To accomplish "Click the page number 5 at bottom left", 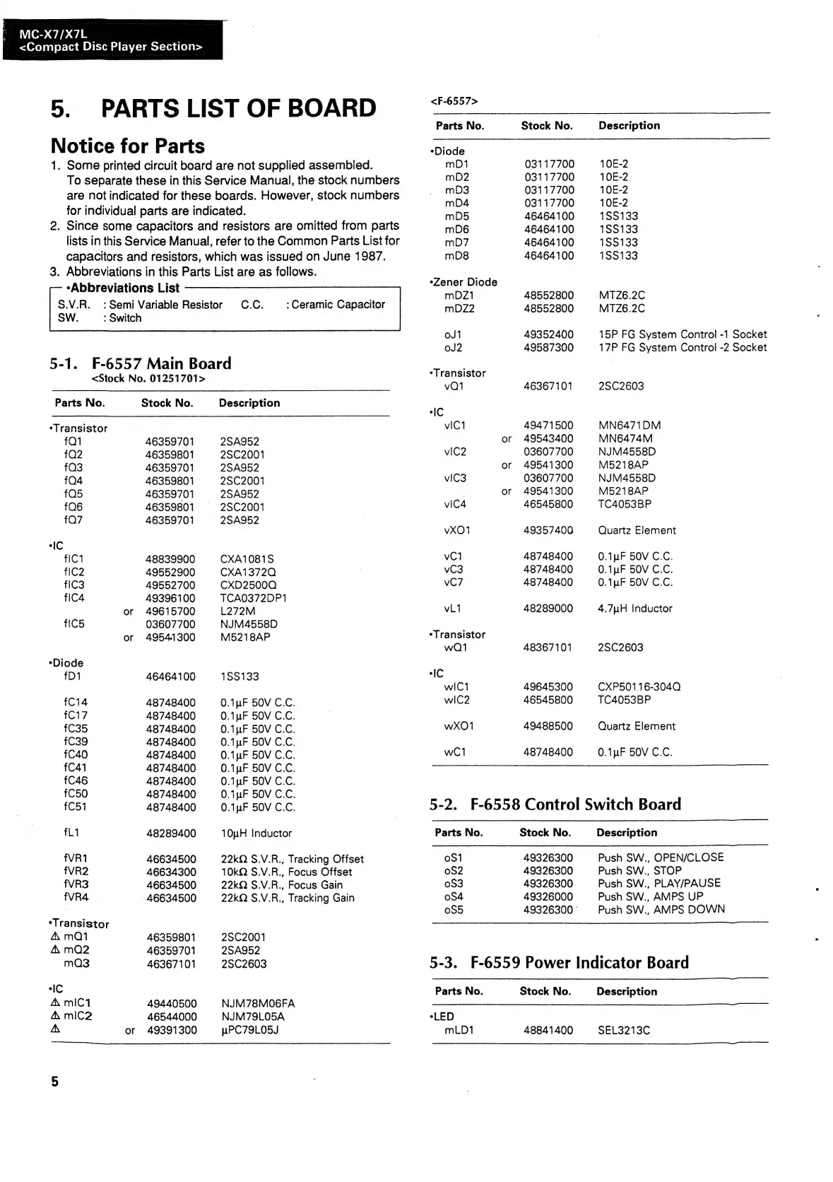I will [x=55, y=1082].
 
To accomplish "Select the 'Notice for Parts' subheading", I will [x=128, y=146].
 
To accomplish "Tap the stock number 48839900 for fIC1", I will [x=170, y=559].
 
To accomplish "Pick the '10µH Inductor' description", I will [x=256, y=833].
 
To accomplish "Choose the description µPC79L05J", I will [x=250, y=1030].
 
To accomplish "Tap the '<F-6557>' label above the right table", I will [x=454, y=101].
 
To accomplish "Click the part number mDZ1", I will [x=459, y=295].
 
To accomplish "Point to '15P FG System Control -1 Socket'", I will [x=683, y=334].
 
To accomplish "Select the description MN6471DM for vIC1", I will [x=630, y=426].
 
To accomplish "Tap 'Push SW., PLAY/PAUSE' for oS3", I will [x=659, y=884].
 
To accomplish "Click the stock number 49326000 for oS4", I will [x=548, y=897].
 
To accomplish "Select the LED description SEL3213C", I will [x=624, y=1031].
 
